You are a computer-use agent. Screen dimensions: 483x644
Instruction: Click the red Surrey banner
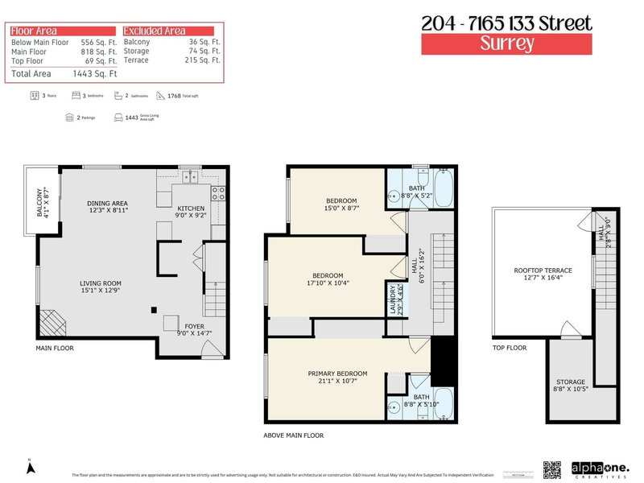(x=506, y=43)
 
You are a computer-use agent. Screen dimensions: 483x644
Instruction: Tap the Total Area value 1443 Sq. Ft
(x=99, y=73)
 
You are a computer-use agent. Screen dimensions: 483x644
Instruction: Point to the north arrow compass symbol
(x=29, y=467)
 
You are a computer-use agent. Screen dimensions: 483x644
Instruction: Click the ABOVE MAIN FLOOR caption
(x=294, y=435)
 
